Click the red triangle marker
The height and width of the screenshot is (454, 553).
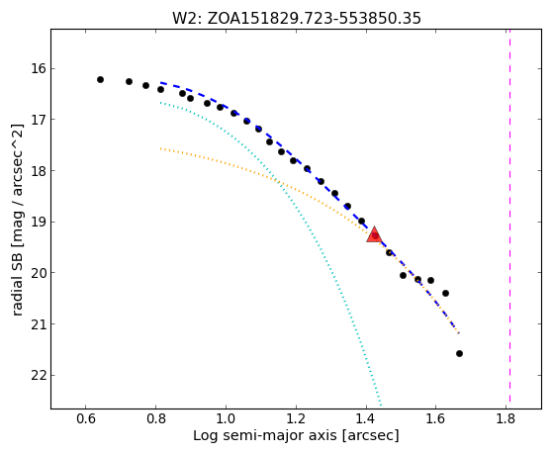[x=374, y=235]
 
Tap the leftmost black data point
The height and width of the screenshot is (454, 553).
[x=100, y=80]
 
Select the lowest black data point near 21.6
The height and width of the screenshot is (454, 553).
[x=459, y=353]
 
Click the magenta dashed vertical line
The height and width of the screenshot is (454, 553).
[x=509, y=216]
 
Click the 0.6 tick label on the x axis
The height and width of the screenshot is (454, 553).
[x=86, y=418]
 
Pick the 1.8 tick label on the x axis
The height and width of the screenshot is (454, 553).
[x=507, y=418]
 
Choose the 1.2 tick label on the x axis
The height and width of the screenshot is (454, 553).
[x=296, y=418]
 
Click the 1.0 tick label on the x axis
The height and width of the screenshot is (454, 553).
[x=226, y=418]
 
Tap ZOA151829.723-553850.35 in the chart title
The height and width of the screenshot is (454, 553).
[x=314, y=19]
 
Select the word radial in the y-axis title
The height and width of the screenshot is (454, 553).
[x=17, y=298]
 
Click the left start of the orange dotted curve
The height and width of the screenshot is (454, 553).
[x=161, y=148]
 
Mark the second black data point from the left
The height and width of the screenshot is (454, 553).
[x=129, y=81]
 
